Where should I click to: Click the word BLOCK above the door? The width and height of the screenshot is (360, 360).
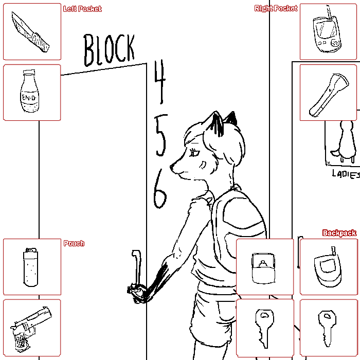pyautogui.click(x=109, y=50)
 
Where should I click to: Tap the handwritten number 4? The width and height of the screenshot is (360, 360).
pyautogui.click(x=160, y=81)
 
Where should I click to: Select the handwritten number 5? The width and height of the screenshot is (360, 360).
pyautogui.click(x=160, y=135)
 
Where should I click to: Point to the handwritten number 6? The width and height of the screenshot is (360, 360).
pyautogui.click(x=160, y=189)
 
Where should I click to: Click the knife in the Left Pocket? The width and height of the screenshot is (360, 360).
pyautogui.click(x=30, y=32)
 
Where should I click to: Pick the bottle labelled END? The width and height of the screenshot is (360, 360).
pyautogui.click(x=30, y=91)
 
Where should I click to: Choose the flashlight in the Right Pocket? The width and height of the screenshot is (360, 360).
pyautogui.click(x=329, y=95)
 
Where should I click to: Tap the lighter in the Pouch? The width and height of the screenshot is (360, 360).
pyautogui.click(x=30, y=267)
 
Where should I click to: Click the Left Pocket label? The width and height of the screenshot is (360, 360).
pyautogui.click(x=82, y=9)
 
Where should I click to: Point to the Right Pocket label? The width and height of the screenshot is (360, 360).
pyautogui.click(x=276, y=9)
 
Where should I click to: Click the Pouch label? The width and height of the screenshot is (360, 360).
pyautogui.click(x=74, y=243)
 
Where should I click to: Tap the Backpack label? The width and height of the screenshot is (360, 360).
pyautogui.click(x=339, y=233)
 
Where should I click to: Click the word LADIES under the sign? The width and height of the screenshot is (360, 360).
pyautogui.click(x=346, y=174)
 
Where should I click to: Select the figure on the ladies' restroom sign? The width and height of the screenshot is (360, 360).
pyautogui.click(x=345, y=141)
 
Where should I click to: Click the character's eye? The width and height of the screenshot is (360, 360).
pyautogui.click(x=195, y=153)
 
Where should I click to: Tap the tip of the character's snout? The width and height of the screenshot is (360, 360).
pyautogui.click(x=171, y=167)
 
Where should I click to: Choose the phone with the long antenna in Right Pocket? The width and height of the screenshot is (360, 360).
pyautogui.click(x=327, y=30)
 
